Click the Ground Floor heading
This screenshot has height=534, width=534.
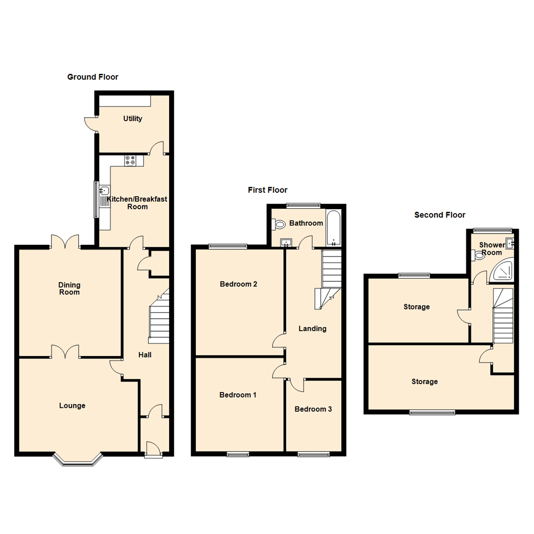pos(92,77)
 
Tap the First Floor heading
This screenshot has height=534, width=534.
pos(267,190)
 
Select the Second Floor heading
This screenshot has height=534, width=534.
pos(440,215)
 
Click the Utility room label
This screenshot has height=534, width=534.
pos(133,119)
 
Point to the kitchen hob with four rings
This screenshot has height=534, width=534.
pos(131,160)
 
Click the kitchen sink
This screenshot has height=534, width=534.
pos(104,190)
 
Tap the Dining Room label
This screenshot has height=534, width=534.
pos(69,288)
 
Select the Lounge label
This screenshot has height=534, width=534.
pos(72,406)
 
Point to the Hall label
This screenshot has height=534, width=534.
pos(145,355)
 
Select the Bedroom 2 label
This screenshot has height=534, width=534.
pos(238,284)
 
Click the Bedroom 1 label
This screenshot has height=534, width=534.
pos(238,395)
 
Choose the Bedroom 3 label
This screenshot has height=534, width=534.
pos(313,409)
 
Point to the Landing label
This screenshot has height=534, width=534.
pos(312,328)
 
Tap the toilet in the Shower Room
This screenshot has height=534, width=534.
pos(478,255)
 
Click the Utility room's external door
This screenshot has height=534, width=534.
pos(89,124)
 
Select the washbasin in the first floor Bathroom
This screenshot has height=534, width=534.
pos(286,242)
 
